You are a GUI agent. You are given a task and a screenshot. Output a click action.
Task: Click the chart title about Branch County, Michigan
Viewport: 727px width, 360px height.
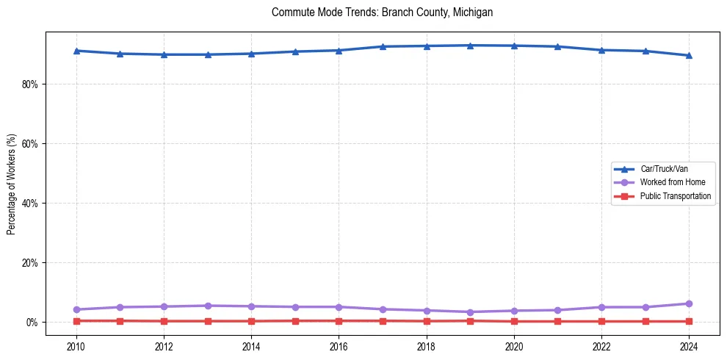[382, 12]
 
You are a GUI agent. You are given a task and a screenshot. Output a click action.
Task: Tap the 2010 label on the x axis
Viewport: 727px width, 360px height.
[76, 347]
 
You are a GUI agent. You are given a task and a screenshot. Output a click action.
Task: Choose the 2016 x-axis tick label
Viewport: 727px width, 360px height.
[339, 347]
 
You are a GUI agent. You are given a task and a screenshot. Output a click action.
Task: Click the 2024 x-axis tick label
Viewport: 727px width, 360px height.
[689, 347]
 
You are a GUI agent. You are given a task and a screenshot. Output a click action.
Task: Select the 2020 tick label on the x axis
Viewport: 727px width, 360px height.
[514, 347]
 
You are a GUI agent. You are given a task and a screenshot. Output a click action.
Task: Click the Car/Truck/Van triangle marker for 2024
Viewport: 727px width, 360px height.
[689, 55]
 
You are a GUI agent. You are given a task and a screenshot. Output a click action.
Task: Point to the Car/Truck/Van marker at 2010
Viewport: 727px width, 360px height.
[76, 51]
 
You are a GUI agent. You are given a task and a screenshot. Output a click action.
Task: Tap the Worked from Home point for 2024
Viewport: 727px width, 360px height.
[689, 303]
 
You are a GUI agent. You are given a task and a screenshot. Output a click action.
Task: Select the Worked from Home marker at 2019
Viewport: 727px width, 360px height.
[470, 312]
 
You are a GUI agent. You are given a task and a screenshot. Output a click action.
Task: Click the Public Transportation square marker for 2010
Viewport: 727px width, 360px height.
[76, 321]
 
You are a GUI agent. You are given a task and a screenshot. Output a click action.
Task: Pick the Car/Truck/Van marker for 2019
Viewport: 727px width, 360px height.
[470, 46]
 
